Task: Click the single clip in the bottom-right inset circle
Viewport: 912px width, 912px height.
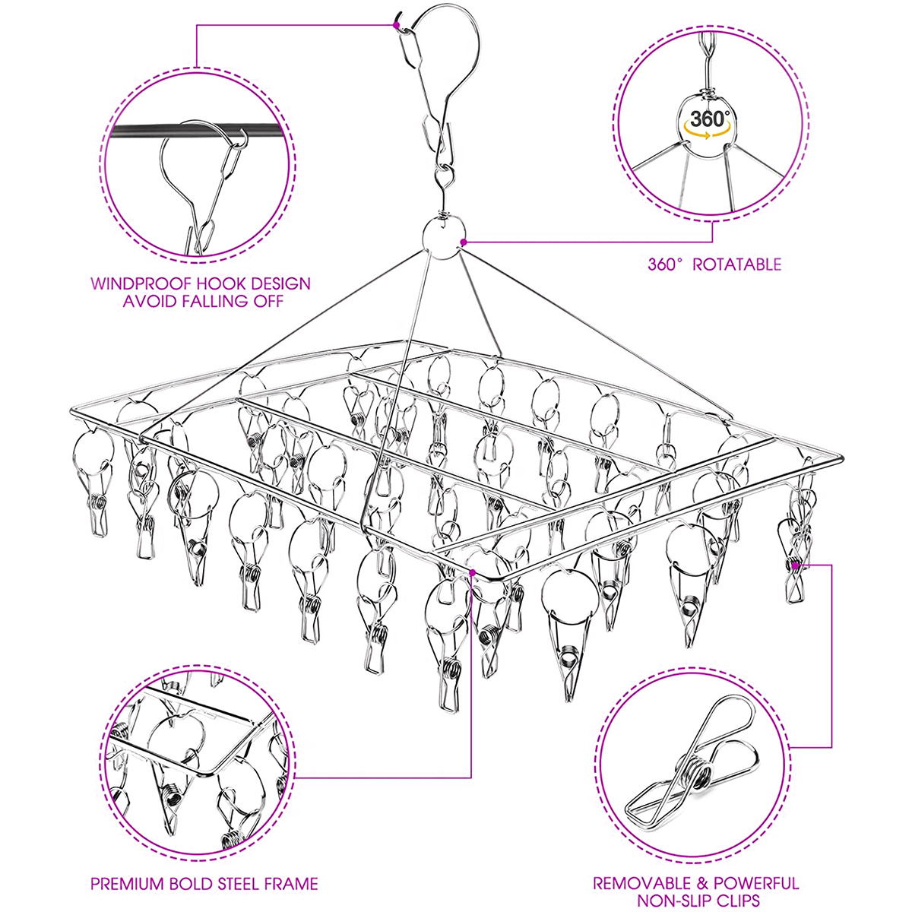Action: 692,768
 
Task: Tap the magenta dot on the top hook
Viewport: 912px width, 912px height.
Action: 397,24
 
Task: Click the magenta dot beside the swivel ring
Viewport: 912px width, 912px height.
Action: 463,242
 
